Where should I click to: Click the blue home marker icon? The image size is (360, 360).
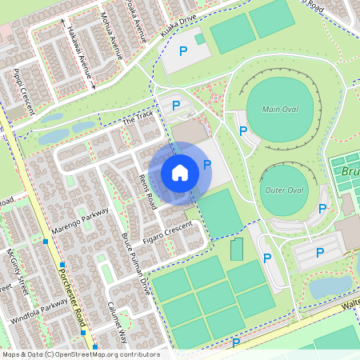click(x=180, y=172)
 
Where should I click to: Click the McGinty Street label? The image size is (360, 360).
click(x=17, y=271)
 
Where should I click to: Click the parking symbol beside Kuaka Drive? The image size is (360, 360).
click(x=183, y=51)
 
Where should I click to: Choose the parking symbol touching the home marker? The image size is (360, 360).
click(x=207, y=165)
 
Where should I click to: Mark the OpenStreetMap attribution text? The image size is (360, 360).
click(x=81, y=354)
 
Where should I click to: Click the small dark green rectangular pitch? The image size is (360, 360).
click(x=236, y=250)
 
